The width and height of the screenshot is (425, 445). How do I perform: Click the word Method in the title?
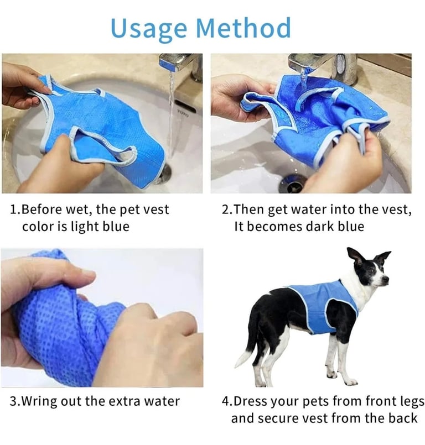pos(243,27)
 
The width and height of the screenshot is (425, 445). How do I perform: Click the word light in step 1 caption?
pos(85,227)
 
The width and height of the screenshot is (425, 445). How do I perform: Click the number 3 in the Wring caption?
pos(13,401)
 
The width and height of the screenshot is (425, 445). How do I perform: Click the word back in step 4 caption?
pos(401,418)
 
